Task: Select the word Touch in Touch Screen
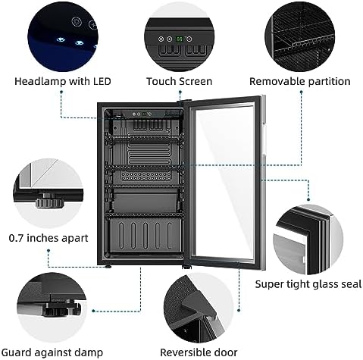point(161,81)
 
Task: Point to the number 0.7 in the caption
point(16,238)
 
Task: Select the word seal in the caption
point(352,284)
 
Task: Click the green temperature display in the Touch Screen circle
point(180,39)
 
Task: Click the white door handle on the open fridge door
point(264,142)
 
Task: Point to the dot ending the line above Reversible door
point(239,310)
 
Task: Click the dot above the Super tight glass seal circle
point(308,199)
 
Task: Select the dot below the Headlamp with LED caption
point(61,92)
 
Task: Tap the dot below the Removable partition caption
point(301,92)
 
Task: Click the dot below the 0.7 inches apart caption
point(49,251)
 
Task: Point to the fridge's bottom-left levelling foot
point(108,267)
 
